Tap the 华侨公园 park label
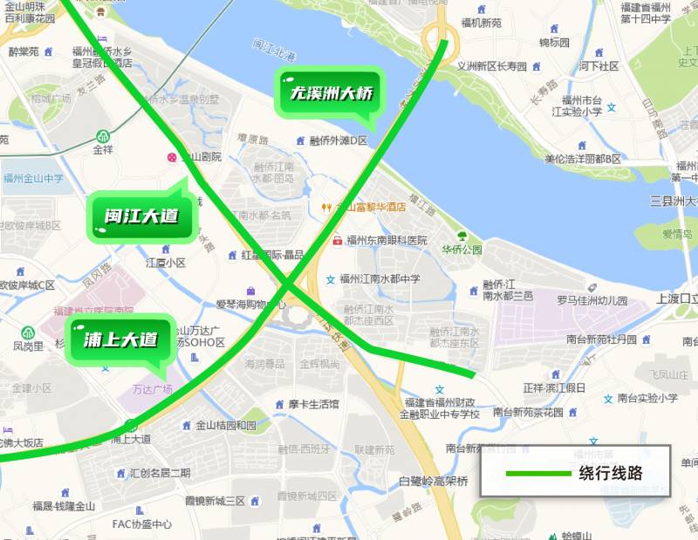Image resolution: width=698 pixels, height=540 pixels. pos(462,249)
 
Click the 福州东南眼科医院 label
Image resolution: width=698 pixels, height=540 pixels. pos(387,240)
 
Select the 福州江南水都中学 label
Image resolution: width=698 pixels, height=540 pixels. pos(380,279)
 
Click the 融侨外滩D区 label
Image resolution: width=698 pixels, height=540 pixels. pos(339,140)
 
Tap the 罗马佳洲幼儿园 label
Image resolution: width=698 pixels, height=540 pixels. pos(592,300)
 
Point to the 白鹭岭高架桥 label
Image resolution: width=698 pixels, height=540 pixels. pos(434,481)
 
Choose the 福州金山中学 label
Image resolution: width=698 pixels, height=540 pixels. pos(33,179)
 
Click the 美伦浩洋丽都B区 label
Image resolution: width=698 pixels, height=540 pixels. pos(583,159)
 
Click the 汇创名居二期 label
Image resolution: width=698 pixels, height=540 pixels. pos(160,473)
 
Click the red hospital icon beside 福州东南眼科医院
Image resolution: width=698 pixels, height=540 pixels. pos(337,240)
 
